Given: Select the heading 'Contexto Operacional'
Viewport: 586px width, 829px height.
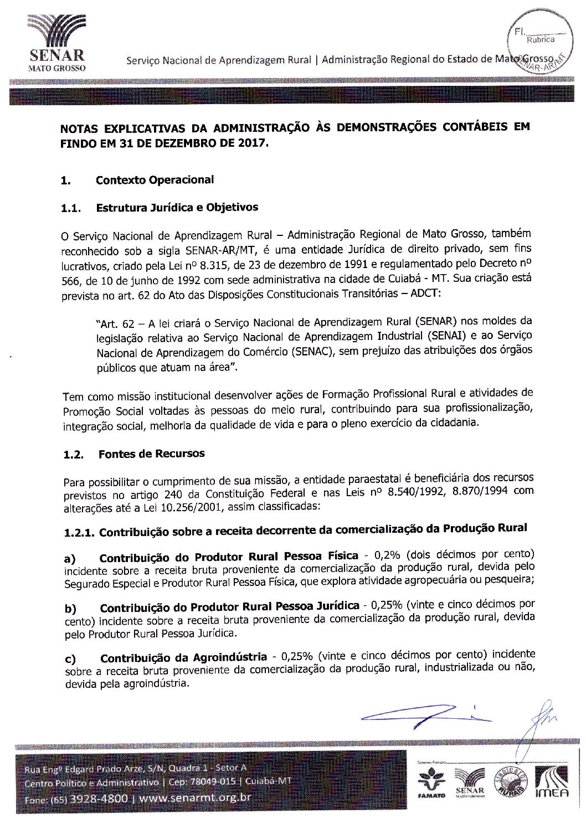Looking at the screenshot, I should pos(155,180).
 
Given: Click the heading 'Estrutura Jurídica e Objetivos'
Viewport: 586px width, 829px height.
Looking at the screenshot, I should pos(177,208).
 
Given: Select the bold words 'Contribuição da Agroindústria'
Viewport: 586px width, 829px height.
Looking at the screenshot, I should pos(183,658).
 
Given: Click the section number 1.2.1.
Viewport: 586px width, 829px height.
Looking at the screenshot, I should pos(79,533).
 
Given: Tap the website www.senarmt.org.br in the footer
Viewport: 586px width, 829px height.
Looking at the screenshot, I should pos(195,798).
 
